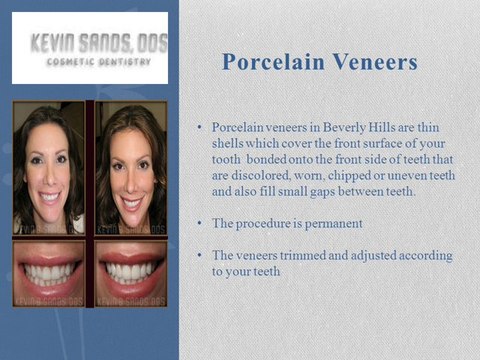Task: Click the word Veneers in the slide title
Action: [372, 62]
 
